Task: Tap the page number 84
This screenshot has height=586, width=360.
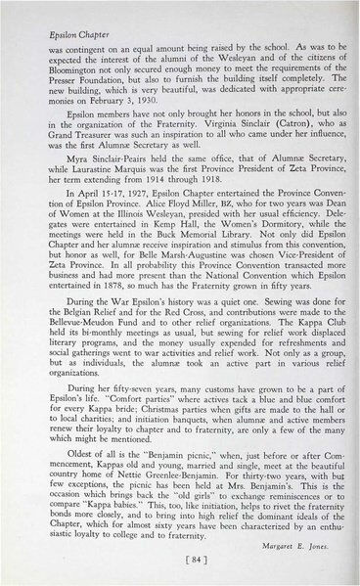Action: coord(179,561)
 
